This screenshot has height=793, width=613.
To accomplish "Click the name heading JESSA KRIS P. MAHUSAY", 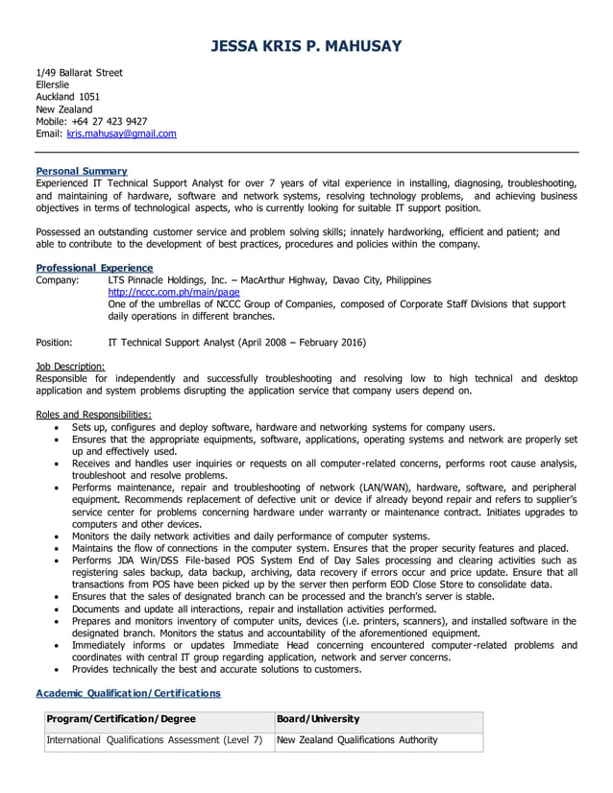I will (x=306, y=46).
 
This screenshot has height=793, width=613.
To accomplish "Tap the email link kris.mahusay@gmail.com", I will (x=121, y=134).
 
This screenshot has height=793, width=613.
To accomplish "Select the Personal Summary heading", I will (x=81, y=171).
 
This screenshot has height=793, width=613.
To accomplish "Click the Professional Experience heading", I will (x=94, y=268).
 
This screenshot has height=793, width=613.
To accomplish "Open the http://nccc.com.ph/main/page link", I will (x=174, y=292).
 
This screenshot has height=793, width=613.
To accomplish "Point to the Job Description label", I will (x=70, y=366).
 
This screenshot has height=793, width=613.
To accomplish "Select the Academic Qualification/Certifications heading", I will (x=128, y=692).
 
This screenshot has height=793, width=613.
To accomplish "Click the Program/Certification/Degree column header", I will (x=121, y=719).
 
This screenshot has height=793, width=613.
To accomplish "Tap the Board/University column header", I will (x=318, y=719).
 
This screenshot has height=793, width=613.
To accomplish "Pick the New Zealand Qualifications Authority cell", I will (x=356, y=740).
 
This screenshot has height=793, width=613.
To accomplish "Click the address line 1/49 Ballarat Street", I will (x=79, y=72).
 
